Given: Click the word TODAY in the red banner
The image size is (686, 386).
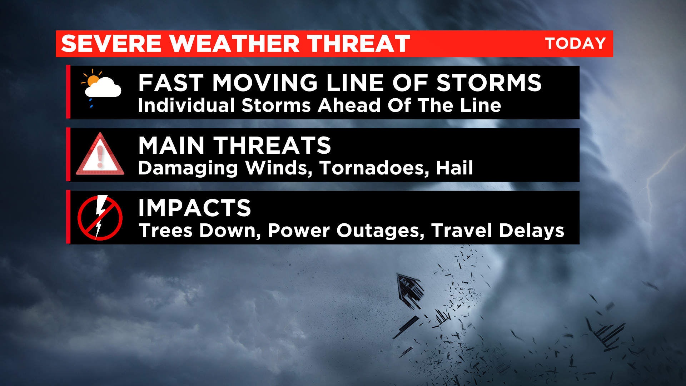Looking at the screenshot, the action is (x=575, y=44).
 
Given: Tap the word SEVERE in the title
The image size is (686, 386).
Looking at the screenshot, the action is (x=111, y=44).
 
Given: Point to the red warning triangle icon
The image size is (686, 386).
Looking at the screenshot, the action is (x=100, y=154).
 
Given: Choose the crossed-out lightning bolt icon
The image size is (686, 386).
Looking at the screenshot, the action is (x=100, y=217).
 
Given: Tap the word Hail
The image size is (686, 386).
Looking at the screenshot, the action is (x=454, y=168).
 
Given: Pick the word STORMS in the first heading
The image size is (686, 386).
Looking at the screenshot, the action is (x=489, y=83).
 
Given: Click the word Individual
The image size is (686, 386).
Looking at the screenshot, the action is (x=187, y=105).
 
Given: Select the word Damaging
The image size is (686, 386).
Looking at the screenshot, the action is (x=188, y=168).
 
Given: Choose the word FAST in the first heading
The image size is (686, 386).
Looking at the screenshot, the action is (x=171, y=83).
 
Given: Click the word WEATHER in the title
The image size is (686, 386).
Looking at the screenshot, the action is (x=234, y=44).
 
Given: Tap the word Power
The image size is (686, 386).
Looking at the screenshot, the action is (x=299, y=231).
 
